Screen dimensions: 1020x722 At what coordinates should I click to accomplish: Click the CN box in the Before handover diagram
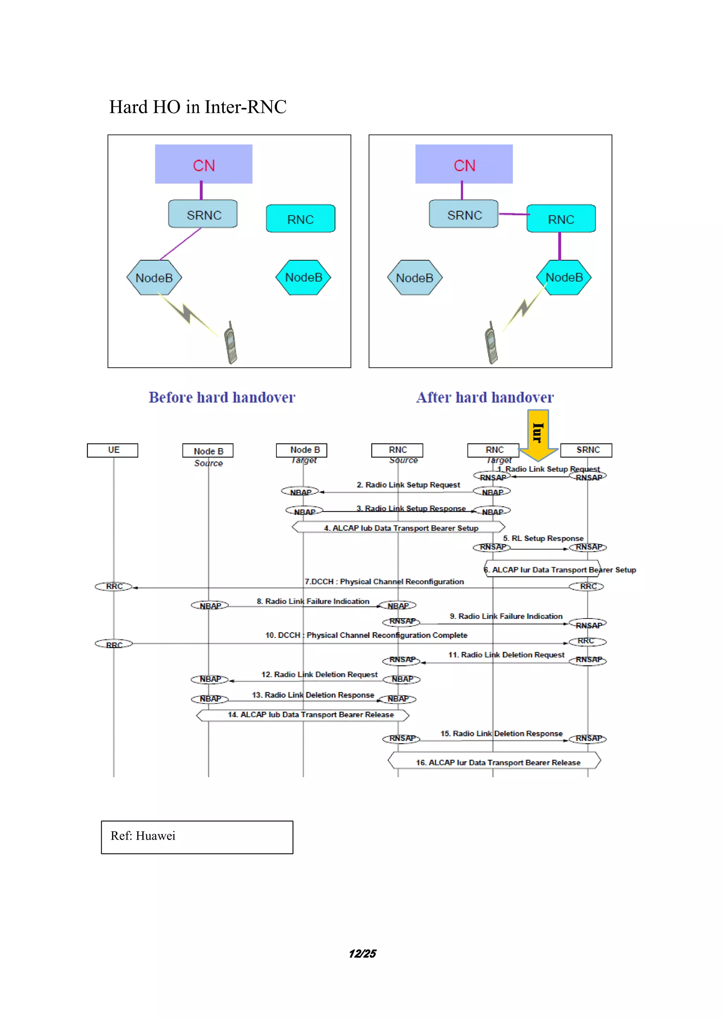(x=204, y=164)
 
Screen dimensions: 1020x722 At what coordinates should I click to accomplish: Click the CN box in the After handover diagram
(x=464, y=164)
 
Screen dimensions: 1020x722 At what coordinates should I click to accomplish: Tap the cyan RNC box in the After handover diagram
(x=561, y=219)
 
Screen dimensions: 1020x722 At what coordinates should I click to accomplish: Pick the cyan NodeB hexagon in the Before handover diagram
(x=303, y=278)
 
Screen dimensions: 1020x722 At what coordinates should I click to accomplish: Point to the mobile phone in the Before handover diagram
(x=230, y=343)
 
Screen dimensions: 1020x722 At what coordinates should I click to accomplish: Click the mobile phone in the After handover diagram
(x=491, y=343)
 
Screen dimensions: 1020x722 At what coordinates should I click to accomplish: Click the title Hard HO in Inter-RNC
(x=198, y=107)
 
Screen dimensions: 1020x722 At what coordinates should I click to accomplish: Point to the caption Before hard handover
(x=222, y=397)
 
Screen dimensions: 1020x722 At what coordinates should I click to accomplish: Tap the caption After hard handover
(x=485, y=397)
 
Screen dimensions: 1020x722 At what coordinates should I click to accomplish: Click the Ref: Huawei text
(x=143, y=836)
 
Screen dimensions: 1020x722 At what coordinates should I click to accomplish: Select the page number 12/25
(x=362, y=953)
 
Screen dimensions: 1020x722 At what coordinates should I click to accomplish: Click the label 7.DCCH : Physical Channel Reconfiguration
(x=384, y=581)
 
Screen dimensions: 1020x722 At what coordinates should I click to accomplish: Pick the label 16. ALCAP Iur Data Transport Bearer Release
(x=498, y=762)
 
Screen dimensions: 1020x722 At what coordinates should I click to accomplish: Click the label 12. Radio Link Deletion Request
(x=319, y=674)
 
